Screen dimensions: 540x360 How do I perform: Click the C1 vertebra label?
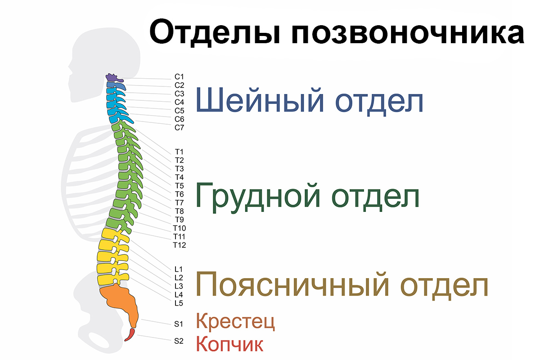tap(179, 76)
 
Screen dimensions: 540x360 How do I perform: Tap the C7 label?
tap(179, 127)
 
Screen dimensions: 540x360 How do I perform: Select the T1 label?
tap(179, 152)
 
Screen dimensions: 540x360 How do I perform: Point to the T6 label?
tap(179, 194)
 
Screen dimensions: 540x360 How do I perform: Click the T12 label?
tap(180, 245)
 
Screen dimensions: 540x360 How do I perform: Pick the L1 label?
tap(179, 269)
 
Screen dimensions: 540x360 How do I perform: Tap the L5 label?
tap(179, 303)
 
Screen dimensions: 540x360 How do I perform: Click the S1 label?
tap(179, 324)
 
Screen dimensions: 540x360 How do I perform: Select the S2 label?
tap(179, 341)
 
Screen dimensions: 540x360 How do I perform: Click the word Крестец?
tap(235, 321)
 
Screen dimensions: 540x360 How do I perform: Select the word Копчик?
tap(230, 344)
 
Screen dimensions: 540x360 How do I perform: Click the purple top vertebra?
tap(113, 78)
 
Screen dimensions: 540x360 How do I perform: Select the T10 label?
tap(180, 228)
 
